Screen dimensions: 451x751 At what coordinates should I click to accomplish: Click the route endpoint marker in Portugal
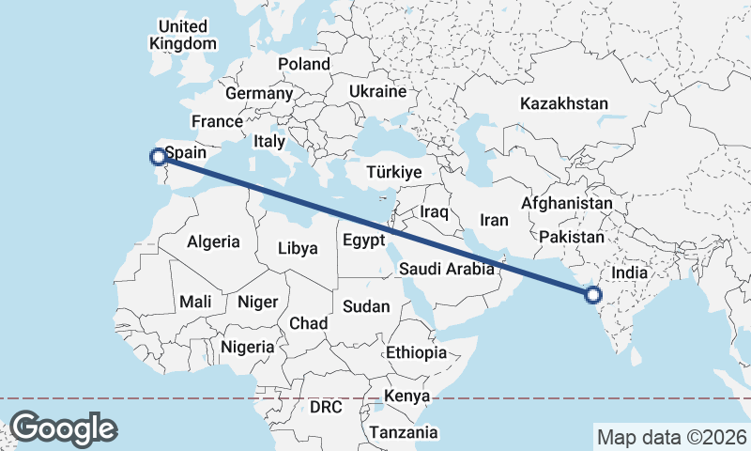coord(158,156)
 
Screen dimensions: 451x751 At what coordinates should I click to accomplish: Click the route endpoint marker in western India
coord(592,295)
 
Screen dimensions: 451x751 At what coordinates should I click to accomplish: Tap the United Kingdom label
coord(183,34)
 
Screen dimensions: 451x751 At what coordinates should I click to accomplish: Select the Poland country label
coord(304,64)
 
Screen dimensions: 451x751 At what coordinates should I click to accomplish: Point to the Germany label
coord(259,94)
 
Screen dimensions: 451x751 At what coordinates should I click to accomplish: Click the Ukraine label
coord(377,91)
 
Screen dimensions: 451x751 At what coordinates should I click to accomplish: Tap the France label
coord(217,121)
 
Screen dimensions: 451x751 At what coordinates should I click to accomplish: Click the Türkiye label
coord(395,173)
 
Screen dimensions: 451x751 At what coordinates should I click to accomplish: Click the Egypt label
coord(363,240)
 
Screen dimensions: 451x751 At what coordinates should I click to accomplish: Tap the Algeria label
coord(213,241)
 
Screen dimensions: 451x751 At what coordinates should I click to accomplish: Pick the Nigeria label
coord(248,347)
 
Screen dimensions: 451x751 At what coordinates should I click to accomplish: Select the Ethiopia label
coord(416,352)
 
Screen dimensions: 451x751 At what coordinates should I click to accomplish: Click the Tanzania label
coord(404,432)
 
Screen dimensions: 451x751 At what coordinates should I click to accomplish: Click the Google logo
coord(63,428)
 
